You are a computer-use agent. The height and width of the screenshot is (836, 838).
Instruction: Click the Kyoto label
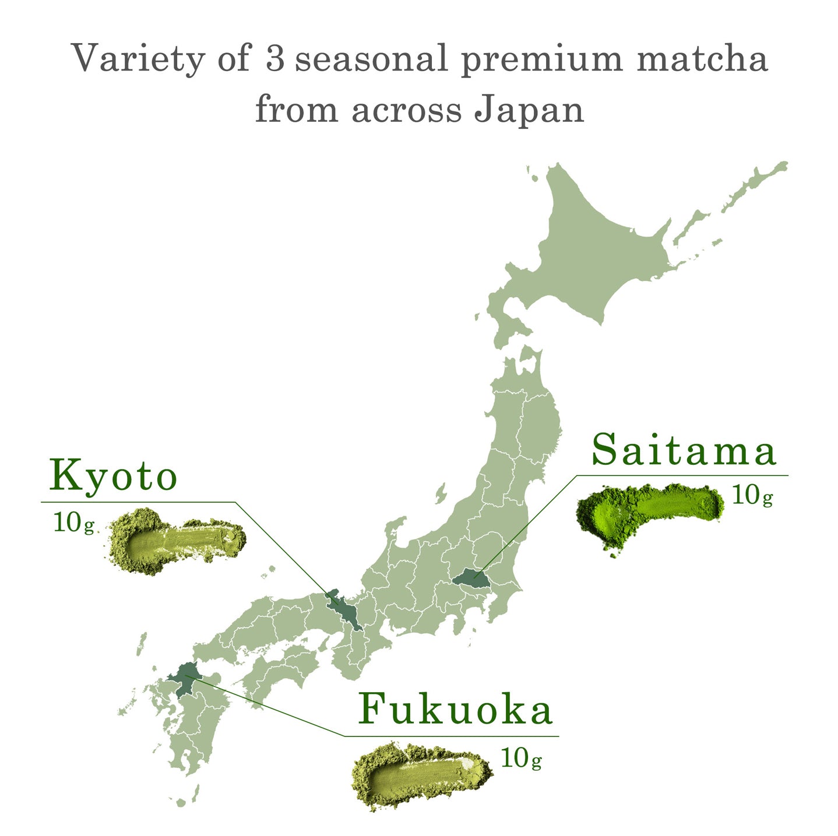(x=113, y=477)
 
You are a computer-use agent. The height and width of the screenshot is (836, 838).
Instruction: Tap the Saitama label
(x=684, y=450)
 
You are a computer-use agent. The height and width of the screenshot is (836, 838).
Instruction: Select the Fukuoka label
(x=455, y=710)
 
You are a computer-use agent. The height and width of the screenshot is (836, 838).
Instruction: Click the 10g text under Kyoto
(x=73, y=523)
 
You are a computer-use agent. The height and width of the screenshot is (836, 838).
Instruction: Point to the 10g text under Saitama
(x=752, y=495)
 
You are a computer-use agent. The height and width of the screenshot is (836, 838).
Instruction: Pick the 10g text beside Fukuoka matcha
(x=521, y=759)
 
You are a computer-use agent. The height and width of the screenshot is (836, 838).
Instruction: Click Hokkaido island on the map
(x=589, y=251)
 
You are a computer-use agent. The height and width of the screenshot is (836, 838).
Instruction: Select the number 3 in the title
(x=274, y=59)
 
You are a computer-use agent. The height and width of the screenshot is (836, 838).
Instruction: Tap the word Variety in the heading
(x=138, y=59)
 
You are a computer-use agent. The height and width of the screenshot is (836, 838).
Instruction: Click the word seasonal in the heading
(x=371, y=59)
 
